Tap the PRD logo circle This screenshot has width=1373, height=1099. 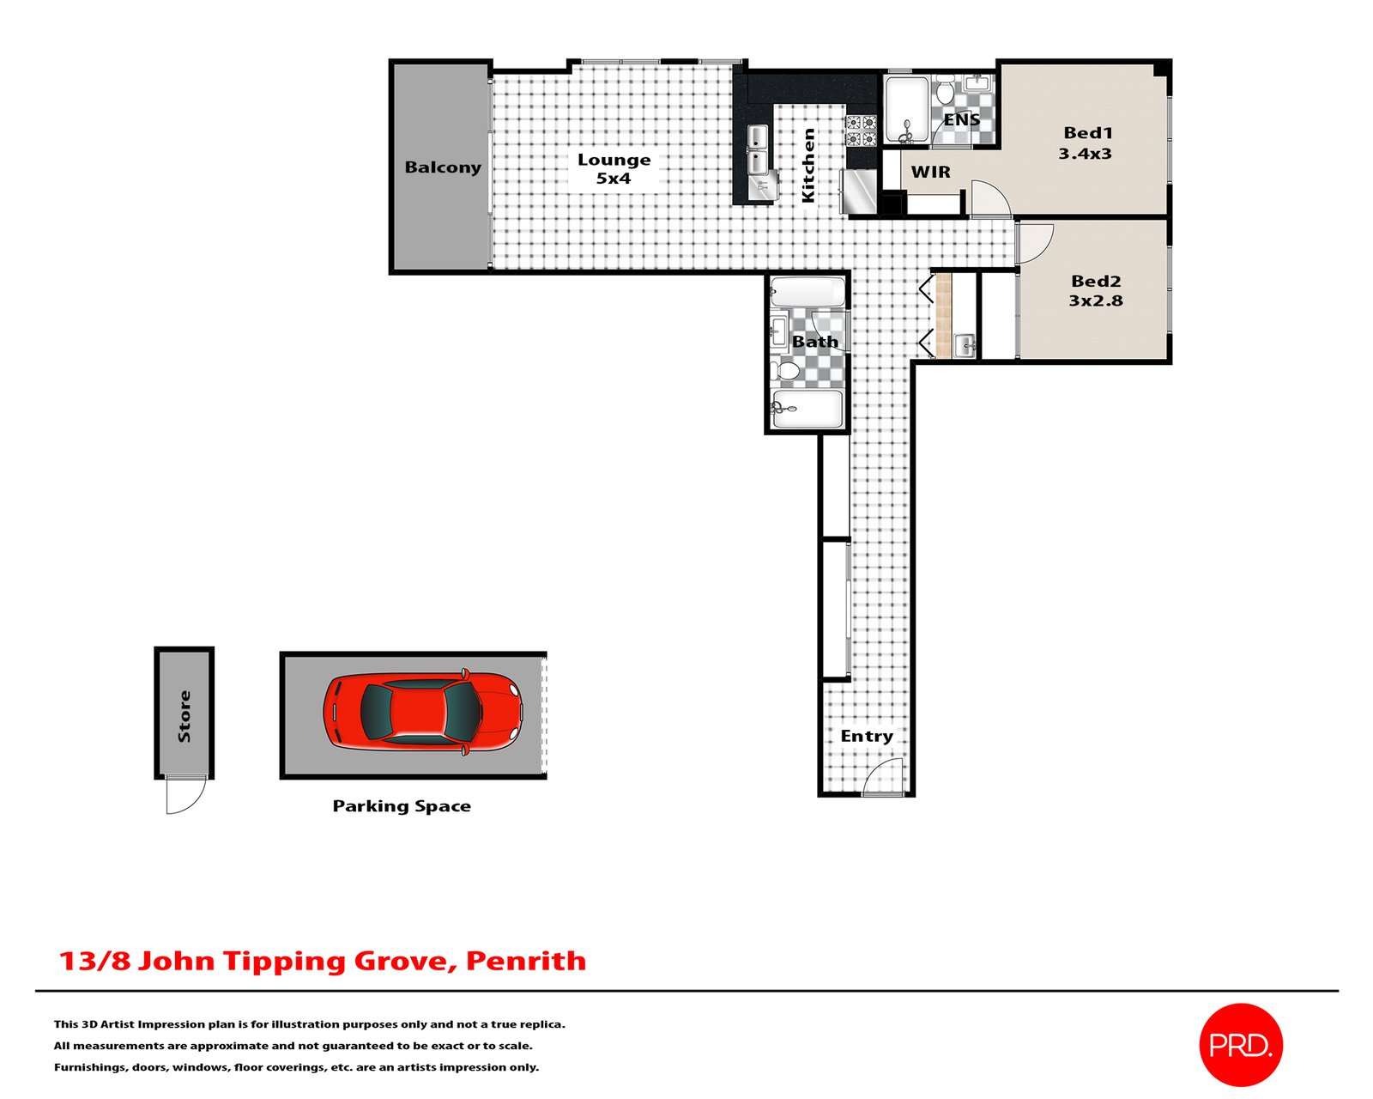[x=1240, y=1046]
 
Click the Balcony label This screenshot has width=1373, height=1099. [x=443, y=167]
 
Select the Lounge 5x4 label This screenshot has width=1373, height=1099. [x=614, y=168]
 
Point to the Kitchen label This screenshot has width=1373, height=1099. [x=808, y=166]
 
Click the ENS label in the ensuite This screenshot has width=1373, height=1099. [x=961, y=119]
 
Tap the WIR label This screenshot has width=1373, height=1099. [x=930, y=172]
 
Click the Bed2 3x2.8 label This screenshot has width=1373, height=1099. [x=1096, y=290]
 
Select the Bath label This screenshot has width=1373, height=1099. [x=814, y=342]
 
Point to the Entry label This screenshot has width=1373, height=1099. [x=867, y=737]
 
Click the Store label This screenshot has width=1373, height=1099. [x=184, y=716]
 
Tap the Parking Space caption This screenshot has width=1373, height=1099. [x=402, y=806]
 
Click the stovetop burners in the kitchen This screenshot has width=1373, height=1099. [x=862, y=131]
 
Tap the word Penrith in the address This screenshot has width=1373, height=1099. [x=526, y=961]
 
